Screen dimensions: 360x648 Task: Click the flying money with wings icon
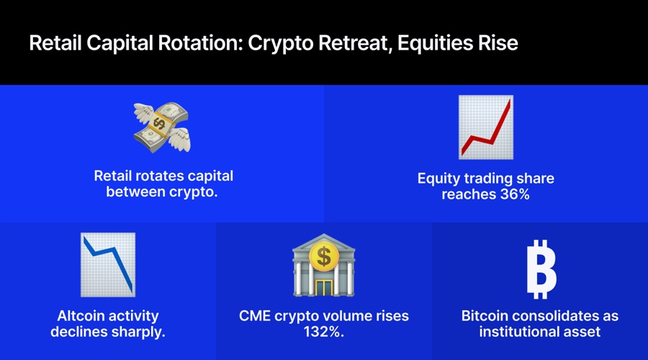(162, 127)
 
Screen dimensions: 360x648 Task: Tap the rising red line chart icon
(486, 127)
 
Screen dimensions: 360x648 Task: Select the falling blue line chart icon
(108, 264)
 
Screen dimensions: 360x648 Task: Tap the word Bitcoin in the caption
(486, 316)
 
